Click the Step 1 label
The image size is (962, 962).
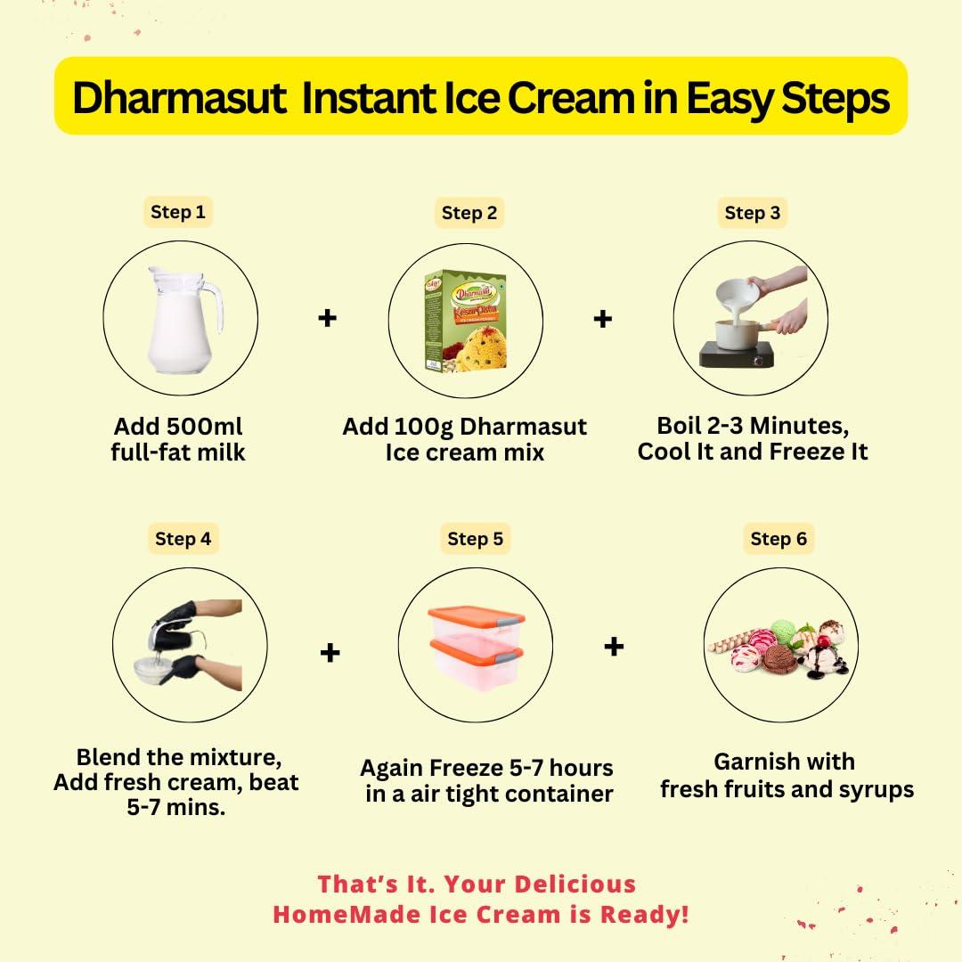coord(177,212)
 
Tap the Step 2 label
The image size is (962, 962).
coord(469,213)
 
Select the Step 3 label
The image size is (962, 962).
coord(752,213)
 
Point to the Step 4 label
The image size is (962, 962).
coord(183,539)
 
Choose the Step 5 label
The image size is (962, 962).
coord(475,539)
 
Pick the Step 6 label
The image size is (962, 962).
coord(779,539)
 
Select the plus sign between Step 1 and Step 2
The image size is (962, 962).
coord(328,317)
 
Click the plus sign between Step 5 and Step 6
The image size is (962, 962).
coord(613,646)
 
